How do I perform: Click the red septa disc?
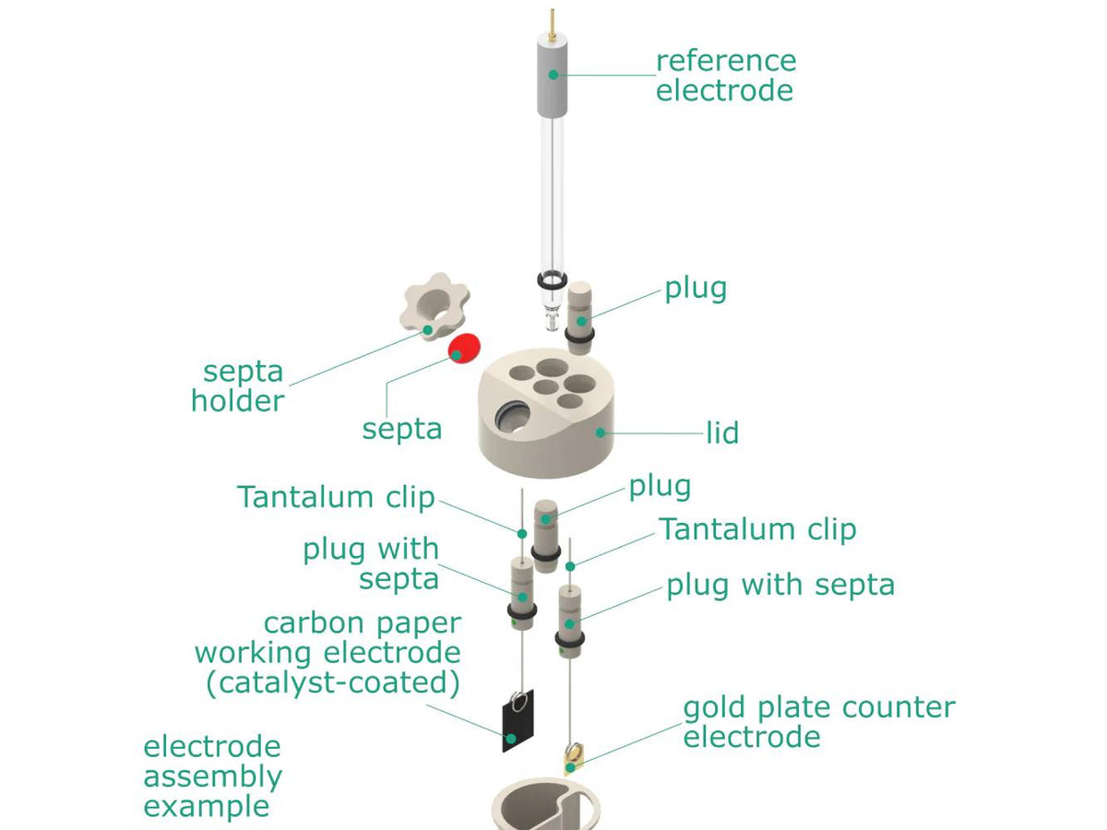tap(465, 348)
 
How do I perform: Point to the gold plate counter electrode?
tap(572, 758)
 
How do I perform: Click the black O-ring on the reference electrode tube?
tap(551, 279)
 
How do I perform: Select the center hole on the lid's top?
tap(552, 385)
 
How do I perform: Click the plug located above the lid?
tap(580, 314)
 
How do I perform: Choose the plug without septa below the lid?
tap(545, 530)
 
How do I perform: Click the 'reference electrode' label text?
tap(725, 76)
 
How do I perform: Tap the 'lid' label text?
tap(722, 433)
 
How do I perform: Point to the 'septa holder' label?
tap(242, 386)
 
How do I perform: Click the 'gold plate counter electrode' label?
tap(817, 721)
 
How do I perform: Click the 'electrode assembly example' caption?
tap(212, 776)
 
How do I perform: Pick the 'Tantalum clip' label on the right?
tap(756, 529)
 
